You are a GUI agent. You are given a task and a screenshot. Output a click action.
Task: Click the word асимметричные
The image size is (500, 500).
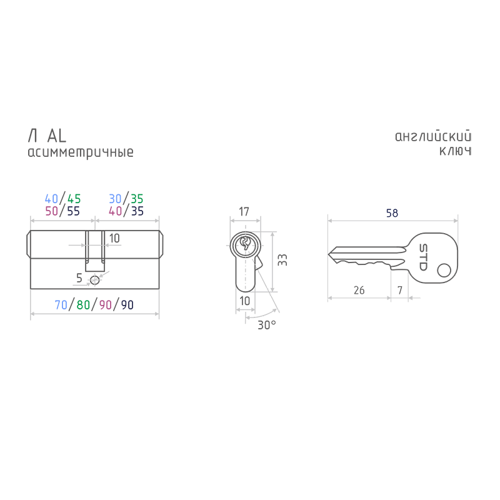81,152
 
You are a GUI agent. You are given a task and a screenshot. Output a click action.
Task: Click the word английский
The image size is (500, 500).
433,136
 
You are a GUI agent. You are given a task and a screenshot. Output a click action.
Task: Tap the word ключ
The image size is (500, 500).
456,151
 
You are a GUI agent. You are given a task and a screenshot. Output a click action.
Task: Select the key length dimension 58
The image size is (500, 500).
392,213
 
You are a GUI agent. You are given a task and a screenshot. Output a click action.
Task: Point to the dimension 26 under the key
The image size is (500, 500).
359,290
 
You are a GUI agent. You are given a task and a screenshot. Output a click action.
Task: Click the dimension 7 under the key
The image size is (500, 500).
399,290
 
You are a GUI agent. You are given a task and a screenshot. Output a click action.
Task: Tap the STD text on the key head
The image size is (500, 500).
423,257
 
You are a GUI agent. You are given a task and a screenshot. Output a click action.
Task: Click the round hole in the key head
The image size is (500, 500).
444,271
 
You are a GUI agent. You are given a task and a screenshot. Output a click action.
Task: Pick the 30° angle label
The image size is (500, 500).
267,325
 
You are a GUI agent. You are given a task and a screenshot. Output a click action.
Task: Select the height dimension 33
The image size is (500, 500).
282,260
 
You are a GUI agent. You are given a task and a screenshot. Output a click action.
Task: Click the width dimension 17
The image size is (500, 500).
244,211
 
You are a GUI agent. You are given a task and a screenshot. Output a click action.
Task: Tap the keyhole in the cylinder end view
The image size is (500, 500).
245,244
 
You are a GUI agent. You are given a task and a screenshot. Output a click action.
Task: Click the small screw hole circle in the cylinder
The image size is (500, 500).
95,281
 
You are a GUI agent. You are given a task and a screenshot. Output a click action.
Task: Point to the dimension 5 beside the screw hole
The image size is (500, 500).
79,278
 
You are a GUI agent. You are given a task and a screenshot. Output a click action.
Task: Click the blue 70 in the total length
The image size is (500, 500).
61,305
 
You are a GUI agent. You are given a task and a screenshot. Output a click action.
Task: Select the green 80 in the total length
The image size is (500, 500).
83,305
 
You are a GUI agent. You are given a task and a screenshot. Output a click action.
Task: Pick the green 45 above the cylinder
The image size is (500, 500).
74,199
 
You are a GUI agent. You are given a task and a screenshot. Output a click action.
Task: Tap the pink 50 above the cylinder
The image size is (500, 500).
52,211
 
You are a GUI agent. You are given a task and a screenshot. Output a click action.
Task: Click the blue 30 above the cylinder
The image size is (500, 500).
115,199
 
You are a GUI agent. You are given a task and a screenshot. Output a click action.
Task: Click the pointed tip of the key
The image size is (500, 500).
328,254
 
